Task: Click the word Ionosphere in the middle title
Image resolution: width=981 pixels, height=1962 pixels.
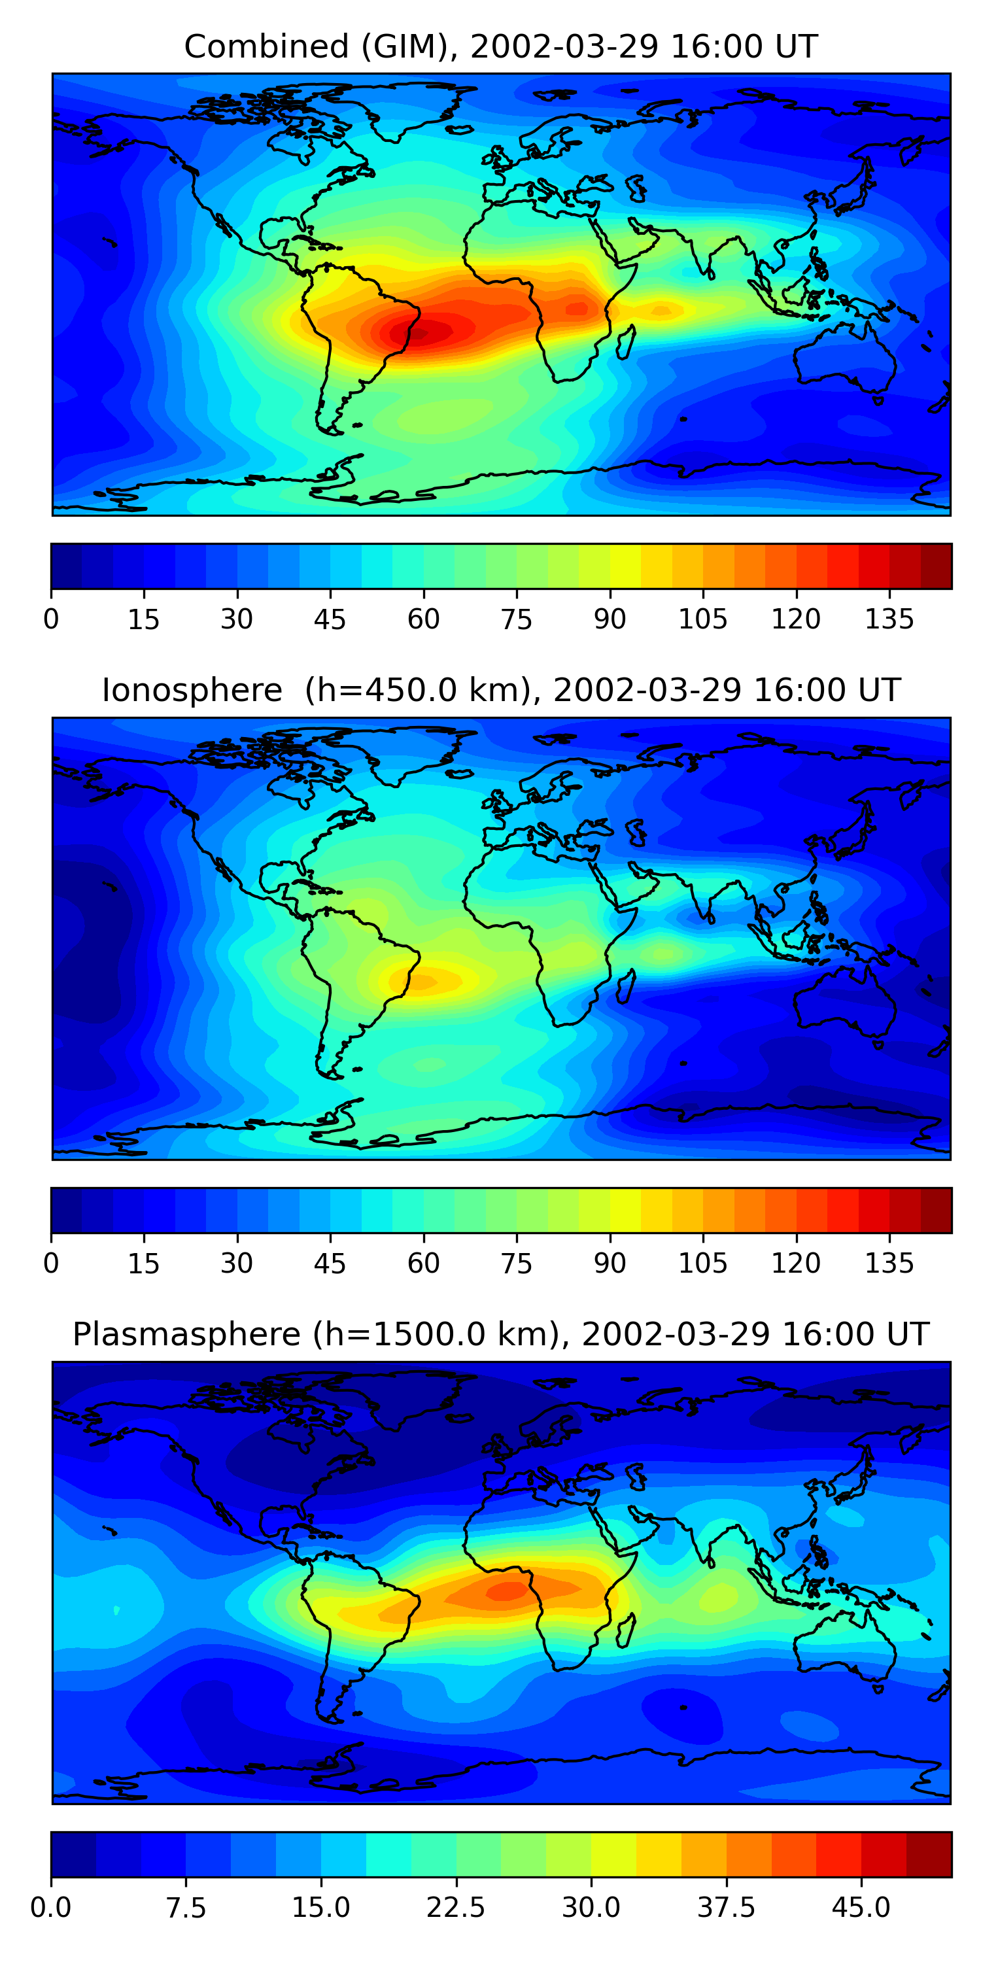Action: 192,690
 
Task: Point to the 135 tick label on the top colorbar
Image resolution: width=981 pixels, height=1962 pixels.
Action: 889,619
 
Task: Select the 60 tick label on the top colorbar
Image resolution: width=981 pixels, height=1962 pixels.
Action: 424,619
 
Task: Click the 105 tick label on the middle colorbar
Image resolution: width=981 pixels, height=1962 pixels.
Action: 703,1264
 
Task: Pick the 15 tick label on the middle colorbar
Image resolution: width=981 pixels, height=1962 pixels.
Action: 144,1264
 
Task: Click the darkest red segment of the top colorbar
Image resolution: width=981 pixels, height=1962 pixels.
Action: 936,566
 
